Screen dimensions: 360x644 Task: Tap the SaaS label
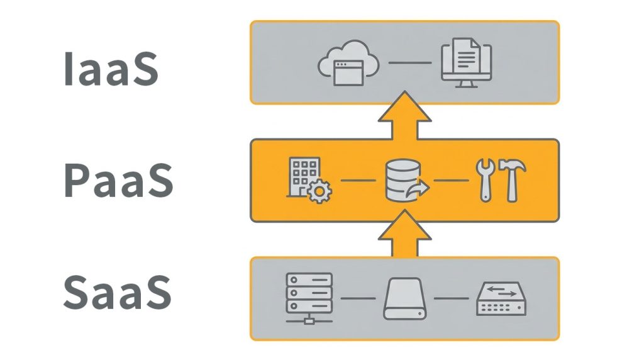click(117, 293)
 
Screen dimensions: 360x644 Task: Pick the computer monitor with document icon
click(466, 63)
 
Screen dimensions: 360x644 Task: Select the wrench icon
click(484, 180)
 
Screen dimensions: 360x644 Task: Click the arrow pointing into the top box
click(405, 116)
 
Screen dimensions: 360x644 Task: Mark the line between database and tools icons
click(451, 181)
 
